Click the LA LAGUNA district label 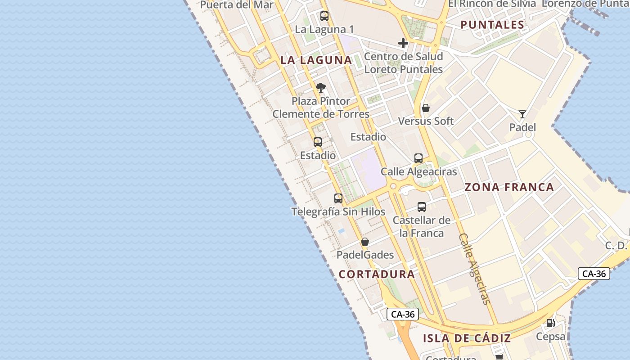tap(316, 60)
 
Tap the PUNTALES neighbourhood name tap(492, 25)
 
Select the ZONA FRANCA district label tap(509, 187)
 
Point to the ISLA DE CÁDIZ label tap(467, 338)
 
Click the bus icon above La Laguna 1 tap(324, 16)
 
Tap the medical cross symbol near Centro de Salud tap(403, 43)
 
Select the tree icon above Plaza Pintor tap(320, 87)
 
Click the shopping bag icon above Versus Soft tap(426, 108)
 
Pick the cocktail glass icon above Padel tap(522, 114)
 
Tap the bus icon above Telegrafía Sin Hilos tap(338, 198)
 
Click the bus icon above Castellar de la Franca tap(422, 207)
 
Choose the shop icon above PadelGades tap(365, 242)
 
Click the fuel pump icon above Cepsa tap(550, 323)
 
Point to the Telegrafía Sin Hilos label tap(338, 211)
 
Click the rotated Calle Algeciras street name tap(474, 269)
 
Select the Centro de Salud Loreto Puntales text tap(403, 63)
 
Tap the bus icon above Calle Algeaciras tap(418, 158)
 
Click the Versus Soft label tap(426, 121)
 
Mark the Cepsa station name tap(550, 336)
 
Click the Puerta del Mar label tap(237, 5)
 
